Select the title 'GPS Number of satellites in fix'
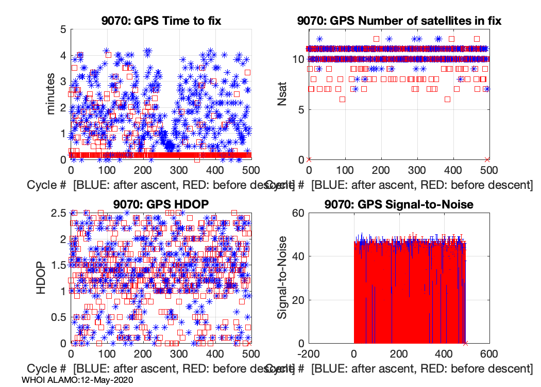click(x=399, y=21)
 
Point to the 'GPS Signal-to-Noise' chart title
click(x=399, y=204)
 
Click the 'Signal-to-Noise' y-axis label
click(x=282, y=278)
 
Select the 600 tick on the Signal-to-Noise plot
click(x=488, y=354)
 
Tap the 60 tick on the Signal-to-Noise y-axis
click(x=297, y=213)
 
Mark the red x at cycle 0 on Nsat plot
click(x=309, y=159)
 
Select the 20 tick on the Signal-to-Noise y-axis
click(x=297, y=300)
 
